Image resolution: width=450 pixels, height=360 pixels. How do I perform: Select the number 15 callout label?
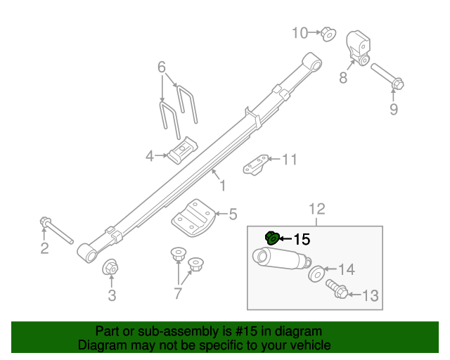(x=301, y=240)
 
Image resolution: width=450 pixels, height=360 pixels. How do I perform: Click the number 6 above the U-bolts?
(x=162, y=68)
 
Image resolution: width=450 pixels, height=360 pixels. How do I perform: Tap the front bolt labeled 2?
(x=56, y=230)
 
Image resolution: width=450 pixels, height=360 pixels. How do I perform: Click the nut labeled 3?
(x=110, y=268)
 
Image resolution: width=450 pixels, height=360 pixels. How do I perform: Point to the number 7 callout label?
(x=178, y=292)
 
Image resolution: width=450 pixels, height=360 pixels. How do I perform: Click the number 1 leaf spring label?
(x=222, y=186)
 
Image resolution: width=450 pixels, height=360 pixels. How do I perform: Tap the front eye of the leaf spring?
(x=87, y=251)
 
